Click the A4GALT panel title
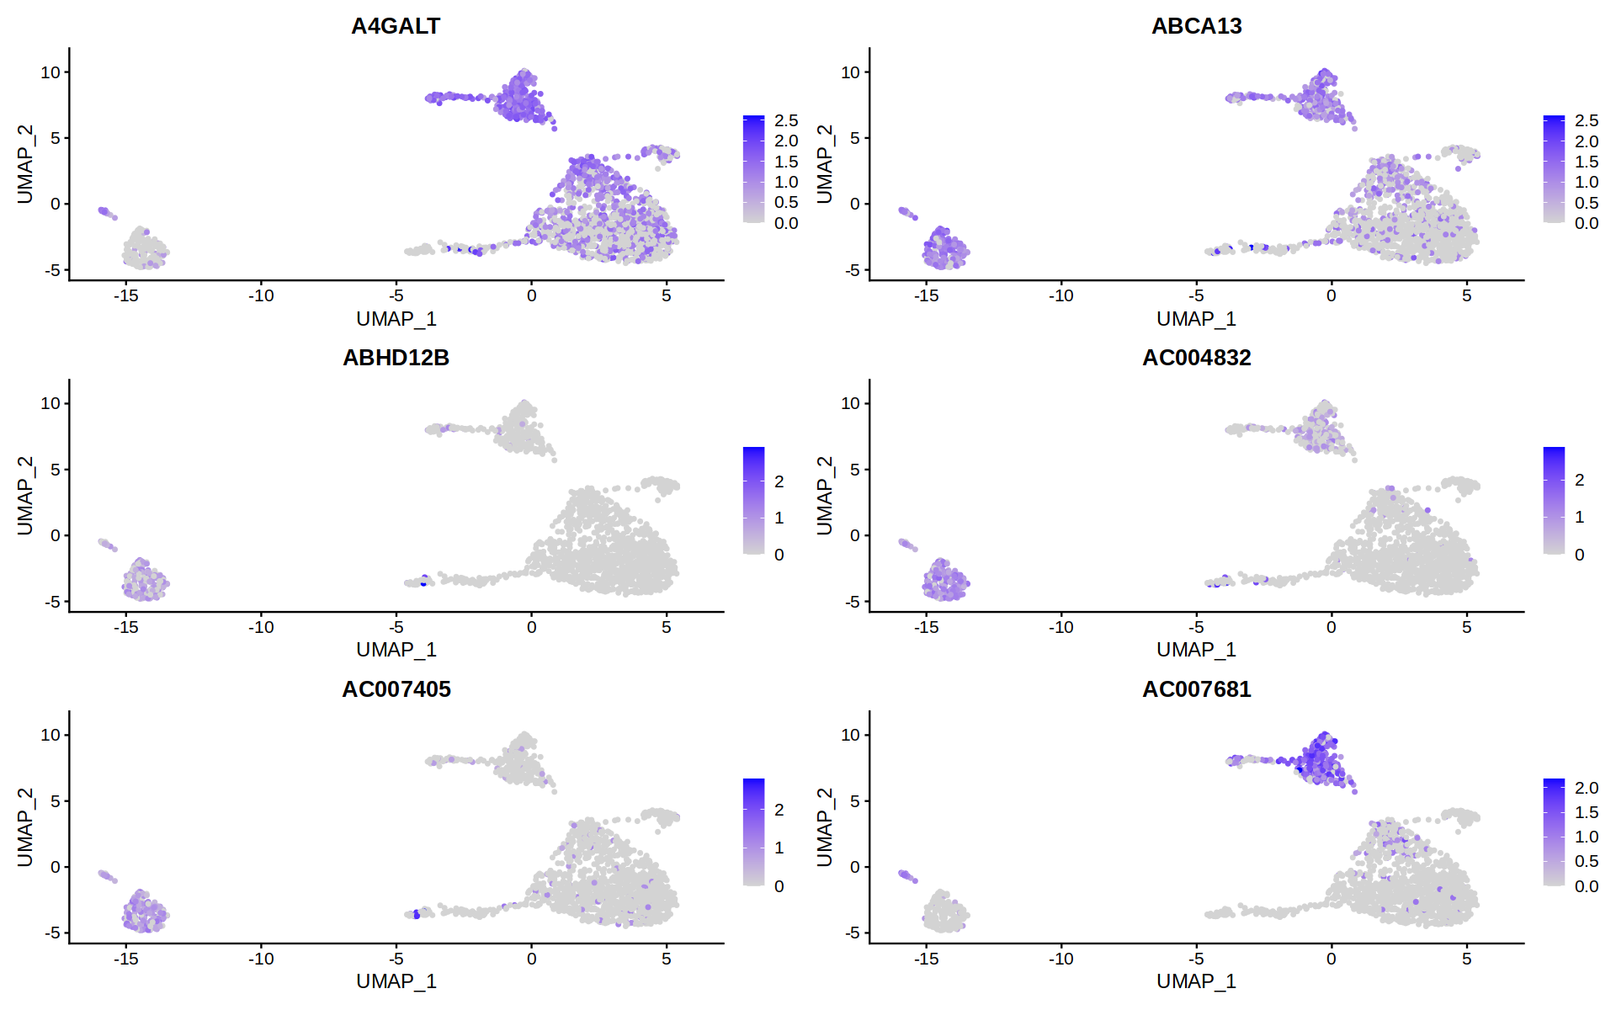(396, 26)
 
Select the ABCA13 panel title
(1196, 26)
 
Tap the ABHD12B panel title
(396, 358)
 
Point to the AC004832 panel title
(1196, 358)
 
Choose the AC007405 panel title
(396, 689)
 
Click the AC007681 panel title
(1196, 689)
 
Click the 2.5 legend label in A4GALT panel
(786, 120)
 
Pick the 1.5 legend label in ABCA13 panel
(1586, 162)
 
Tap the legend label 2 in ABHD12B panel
(779, 481)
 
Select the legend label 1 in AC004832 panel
(1579, 517)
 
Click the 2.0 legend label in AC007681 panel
(1586, 788)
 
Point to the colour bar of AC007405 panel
(753, 832)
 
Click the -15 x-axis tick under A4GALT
(126, 295)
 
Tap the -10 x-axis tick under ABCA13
(1060, 295)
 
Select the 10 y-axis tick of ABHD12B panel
(50, 403)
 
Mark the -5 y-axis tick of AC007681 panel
(853, 933)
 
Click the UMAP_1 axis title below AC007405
(396, 981)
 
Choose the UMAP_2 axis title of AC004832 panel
(825, 496)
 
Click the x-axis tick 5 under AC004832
(1466, 627)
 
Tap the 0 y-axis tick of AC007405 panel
(56, 867)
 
